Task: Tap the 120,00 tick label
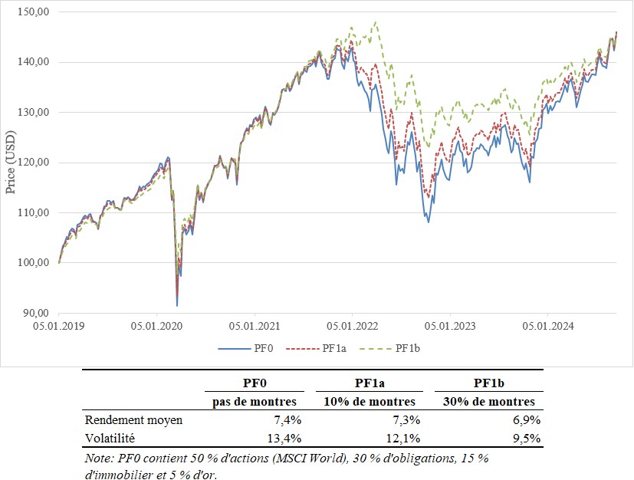[34, 163]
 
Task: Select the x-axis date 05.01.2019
[60, 325]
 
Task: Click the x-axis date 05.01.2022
[351, 325]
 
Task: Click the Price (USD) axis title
[11, 162]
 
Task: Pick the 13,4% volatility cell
[285, 439]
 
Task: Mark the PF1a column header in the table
[370, 382]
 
